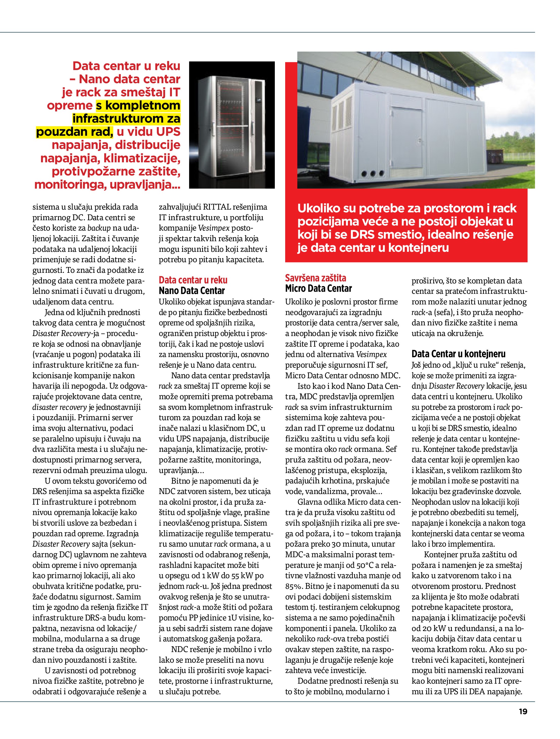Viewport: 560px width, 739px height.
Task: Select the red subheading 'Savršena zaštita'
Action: pos(316,278)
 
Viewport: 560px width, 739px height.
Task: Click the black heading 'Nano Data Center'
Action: pos(192,291)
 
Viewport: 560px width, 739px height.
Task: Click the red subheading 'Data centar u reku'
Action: pos(193,280)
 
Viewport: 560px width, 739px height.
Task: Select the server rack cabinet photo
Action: pos(232,125)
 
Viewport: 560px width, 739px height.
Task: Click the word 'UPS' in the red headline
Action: pos(168,132)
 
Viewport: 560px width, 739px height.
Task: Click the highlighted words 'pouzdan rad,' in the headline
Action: pos(74,132)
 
